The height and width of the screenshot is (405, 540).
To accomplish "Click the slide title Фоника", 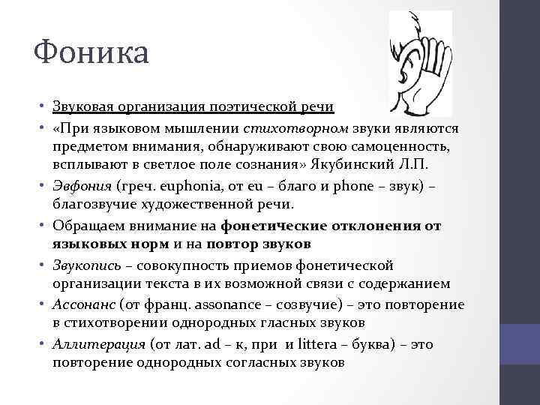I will point(91,52).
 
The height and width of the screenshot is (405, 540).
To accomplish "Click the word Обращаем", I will point(89,225).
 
